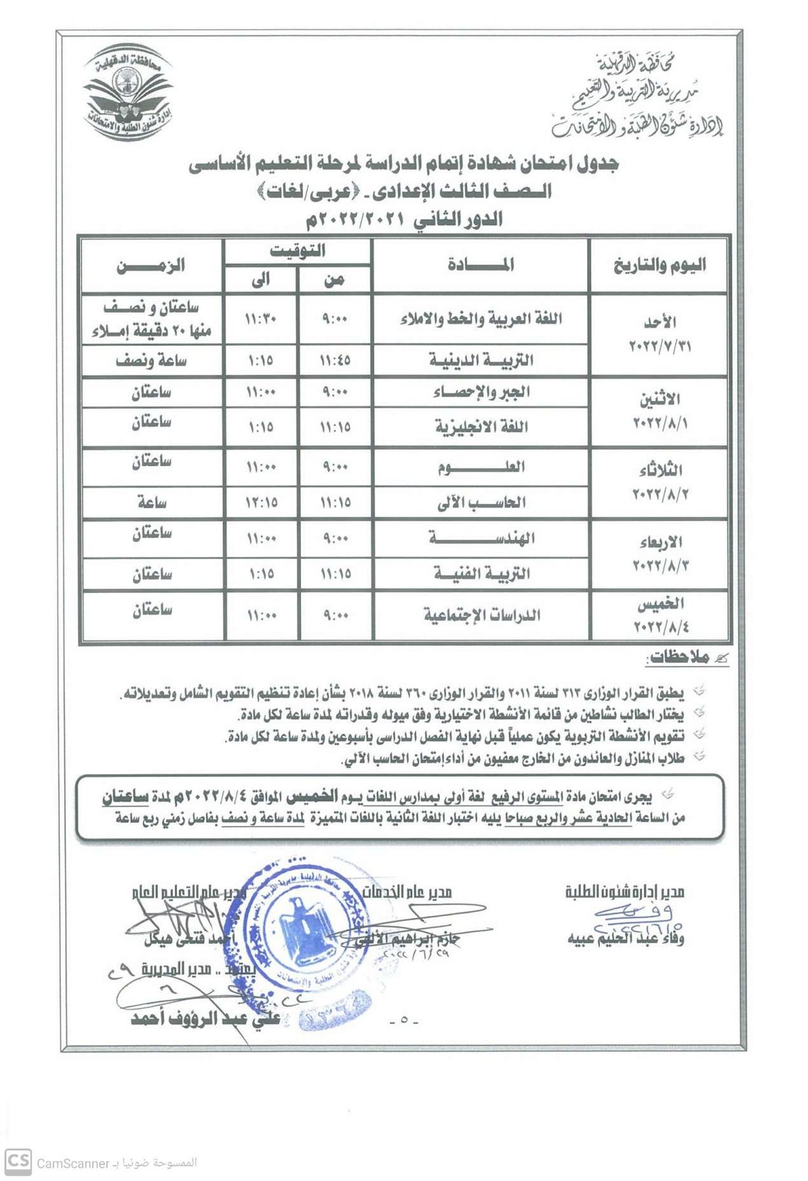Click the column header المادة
click(x=481, y=265)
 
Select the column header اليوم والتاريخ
click(x=659, y=265)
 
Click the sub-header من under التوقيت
click(x=334, y=280)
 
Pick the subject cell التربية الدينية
click(x=481, y=360)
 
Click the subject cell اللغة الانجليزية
click(x=481, y=427)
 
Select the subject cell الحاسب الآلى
click(x=481, y=503)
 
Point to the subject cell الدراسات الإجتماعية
click(x=481, y=615)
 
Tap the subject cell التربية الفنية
click(x=481, y=574)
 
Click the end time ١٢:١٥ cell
click(x=261, y=503)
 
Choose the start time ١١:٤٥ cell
click(x=334, y=360)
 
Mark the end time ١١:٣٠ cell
click(x=261, y=320)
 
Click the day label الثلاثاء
click(x=660, y=470)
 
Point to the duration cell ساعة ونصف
click(x=151, y=360)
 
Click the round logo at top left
click(x=129, y=92)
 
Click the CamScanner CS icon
click(x=18, y=1162)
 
